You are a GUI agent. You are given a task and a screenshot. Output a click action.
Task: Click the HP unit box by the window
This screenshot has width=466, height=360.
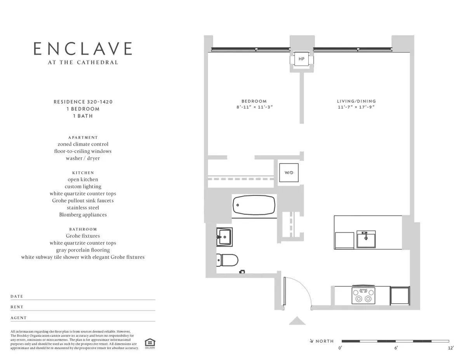point(301,59)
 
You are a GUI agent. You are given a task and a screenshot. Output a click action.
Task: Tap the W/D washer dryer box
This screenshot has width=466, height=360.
point(289,172)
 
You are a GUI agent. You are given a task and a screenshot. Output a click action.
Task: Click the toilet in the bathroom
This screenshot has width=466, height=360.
point(227,259)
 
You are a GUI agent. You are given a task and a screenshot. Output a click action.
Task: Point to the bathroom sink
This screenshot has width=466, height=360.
point(224,237)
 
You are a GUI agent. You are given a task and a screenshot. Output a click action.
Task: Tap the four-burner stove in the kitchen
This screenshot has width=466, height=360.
point(363,295)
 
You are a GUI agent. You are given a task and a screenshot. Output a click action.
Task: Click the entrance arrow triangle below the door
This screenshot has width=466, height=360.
point(297,320)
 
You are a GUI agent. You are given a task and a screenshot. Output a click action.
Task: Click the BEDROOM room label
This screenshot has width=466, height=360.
point(254,101)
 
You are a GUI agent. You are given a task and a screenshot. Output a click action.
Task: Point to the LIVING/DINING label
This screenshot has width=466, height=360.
point(356,101)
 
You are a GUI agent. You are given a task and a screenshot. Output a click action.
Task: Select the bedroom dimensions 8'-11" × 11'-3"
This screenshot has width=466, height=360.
point(254,107)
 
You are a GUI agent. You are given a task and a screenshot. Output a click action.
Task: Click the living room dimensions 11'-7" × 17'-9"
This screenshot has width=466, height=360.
point(356,107)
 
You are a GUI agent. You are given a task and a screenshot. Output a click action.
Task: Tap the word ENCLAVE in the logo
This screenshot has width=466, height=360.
point(83,49)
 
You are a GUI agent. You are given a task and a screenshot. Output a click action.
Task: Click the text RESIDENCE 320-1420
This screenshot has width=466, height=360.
point(83,102)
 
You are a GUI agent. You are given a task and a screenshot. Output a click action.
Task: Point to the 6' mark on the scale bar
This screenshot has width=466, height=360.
point(396,348)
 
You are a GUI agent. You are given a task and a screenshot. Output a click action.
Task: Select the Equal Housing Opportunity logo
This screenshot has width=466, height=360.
point(149,343)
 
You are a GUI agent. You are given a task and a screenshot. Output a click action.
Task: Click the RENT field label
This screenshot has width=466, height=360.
point(17,307)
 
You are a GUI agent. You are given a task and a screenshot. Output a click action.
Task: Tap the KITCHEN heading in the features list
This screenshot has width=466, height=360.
point(83,172)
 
